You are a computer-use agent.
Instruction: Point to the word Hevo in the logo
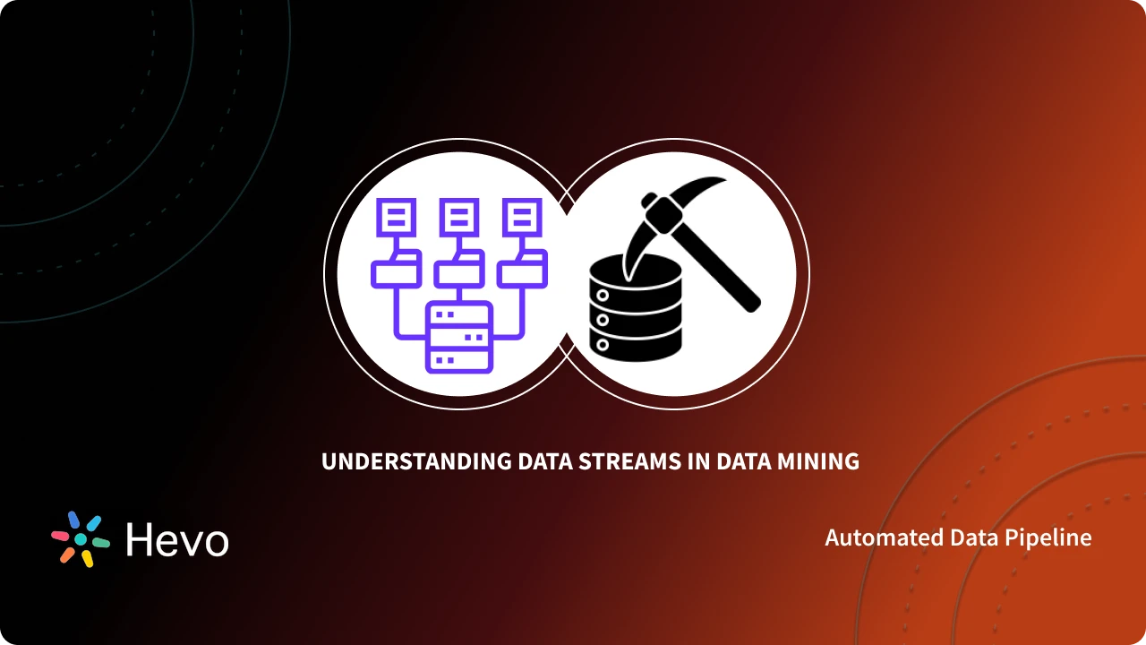(x=177, y=539)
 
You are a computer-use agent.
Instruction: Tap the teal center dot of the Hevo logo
(x=81, y=539)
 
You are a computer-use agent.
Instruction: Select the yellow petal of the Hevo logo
(x=87, y=559)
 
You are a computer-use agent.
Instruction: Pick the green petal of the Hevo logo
(x=101, y=542)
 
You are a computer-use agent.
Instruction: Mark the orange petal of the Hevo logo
(x=67, y=555)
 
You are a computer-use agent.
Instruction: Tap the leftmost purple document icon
(x=395, y=217)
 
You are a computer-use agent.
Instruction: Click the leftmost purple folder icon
(x=395, y=269)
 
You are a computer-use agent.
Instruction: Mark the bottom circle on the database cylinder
(x=603, y=343)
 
